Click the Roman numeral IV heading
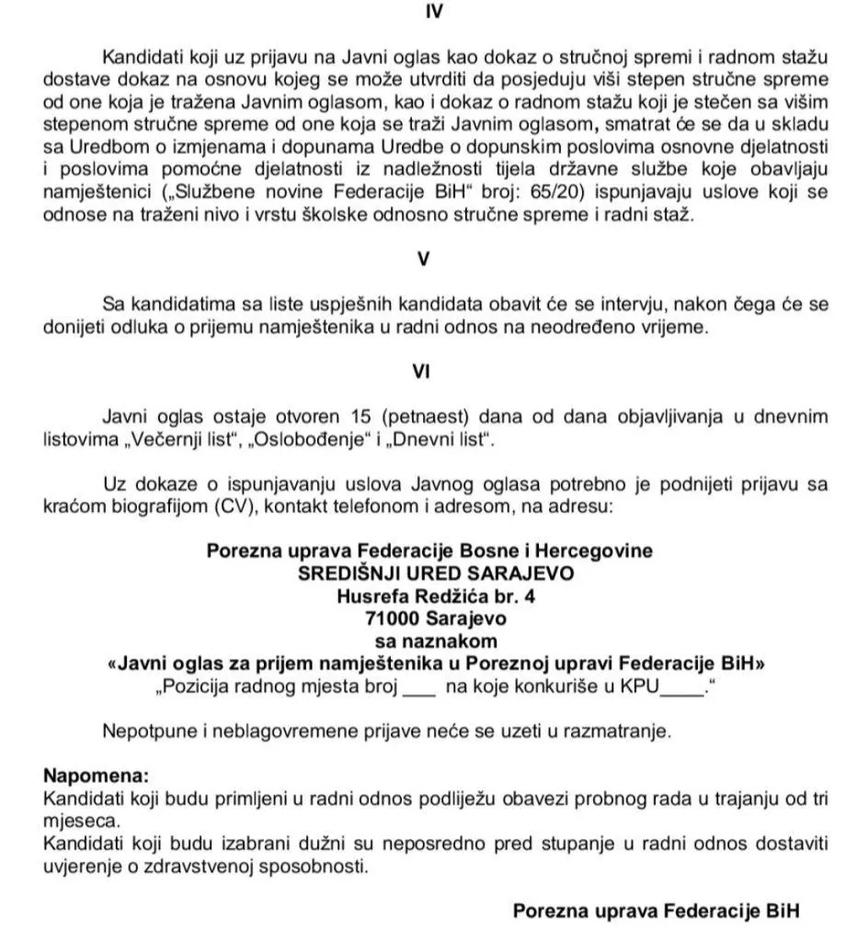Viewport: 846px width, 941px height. [x=425, y=14]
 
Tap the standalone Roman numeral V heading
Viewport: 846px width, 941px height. [x=424, y=259]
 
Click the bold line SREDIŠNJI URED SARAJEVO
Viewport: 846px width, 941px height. [x=429, y=573]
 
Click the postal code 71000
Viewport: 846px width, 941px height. [x=390, y=618]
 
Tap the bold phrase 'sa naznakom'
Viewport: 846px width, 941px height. [x=429, y=641]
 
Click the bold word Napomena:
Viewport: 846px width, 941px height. [x=96, y=776]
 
